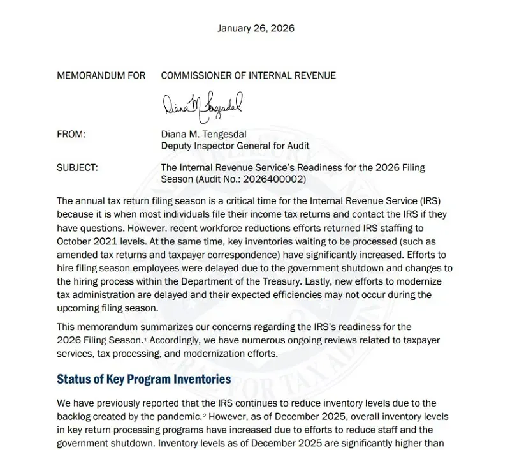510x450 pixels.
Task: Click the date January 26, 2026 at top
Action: click(x=256, y=28)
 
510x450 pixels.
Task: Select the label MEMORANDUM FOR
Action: click(x=101, y=75)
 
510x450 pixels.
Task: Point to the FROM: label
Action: click(x=71, y=134)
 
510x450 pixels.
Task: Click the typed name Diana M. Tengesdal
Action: click(x=207, y=134)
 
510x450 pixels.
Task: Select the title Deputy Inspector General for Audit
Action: click(x=235, y=146)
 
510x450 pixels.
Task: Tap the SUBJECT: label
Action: click(x=77, y=168)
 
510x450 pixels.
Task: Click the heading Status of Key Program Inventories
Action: click(x=144, y=379)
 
